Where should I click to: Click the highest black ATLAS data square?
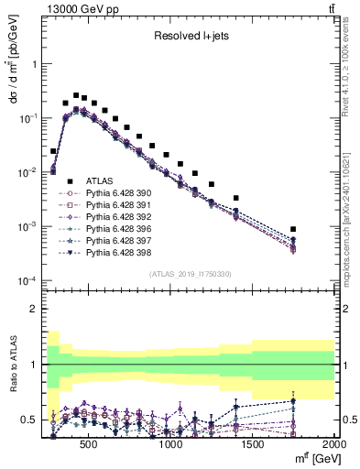pyautogui.click(x=76, y=93)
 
